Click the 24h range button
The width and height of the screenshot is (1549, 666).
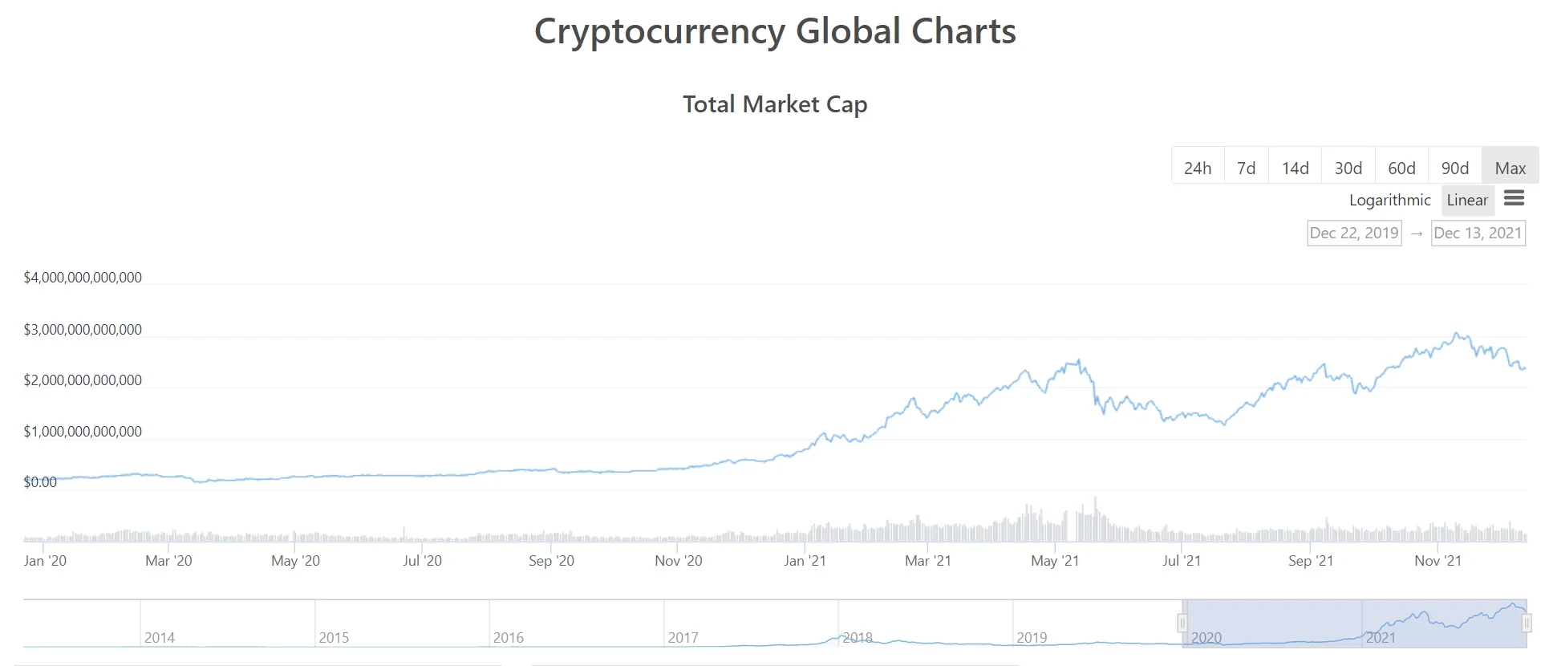point(1198,168)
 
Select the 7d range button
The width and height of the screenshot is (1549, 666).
point(1246,168)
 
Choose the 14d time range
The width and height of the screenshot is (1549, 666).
point(1295,168)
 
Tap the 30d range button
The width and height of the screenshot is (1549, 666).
point(1348,168)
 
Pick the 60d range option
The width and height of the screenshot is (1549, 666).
point(1401,168)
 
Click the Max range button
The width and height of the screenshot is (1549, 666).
point(1510,168)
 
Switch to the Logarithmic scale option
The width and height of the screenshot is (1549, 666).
point(1389,200)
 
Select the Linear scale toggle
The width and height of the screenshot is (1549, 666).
point(1467,200)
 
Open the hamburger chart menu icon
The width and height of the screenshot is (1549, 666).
point(1514,198)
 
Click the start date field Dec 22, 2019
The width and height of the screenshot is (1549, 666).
point(1354,233)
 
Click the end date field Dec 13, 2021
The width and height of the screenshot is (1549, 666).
point(1478,233)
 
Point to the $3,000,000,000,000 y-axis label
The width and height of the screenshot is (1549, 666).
point(83,330)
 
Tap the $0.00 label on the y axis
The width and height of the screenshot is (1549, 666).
point(40,482)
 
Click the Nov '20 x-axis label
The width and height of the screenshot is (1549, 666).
point(678,561)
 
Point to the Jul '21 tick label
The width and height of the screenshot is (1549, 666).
point(1181,561)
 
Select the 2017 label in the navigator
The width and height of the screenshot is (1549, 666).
point(683,638)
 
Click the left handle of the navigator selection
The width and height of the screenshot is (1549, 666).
point(1182,623)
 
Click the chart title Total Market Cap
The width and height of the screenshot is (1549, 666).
point(775,104)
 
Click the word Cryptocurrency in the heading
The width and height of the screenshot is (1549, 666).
point(659,32)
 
